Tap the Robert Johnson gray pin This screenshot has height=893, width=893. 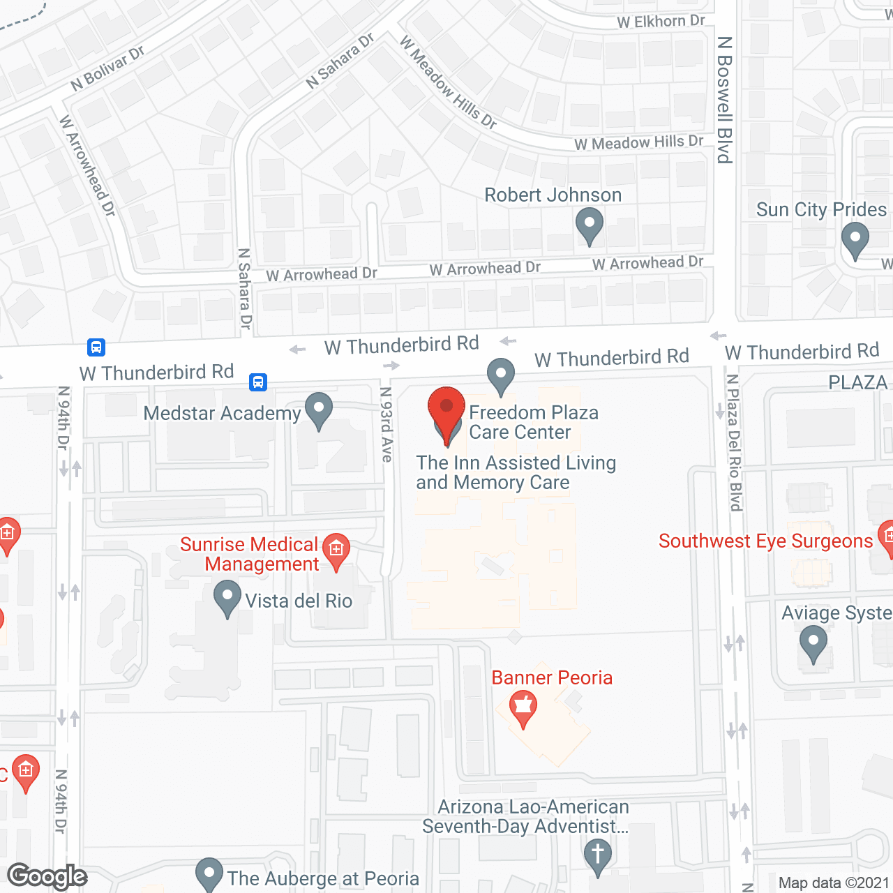pyautogui.click(x=590, y=226)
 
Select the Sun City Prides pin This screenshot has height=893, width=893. pyautogui.click(x=855, y=239)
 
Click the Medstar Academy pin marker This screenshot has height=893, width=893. pyautogui.click(x=319, y=410)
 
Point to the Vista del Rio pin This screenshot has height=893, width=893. pyautogui.click(x=227, y=599)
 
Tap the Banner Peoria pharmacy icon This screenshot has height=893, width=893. pyautogui.click(x=523, y=707)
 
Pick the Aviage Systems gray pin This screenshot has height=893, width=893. pyautogui.click(x=813, y=642)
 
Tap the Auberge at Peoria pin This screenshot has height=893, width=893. pyautogui.click(x=209, y=874)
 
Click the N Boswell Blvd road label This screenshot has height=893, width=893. pyautogui.click(x=725, y=100)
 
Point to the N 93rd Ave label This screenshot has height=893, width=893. pyautogui.click(x=387, y=425)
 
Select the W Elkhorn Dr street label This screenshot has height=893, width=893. pyautogui.click(x=661, y=22)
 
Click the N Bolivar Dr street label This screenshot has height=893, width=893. pyautogui.click(x=107, y=68)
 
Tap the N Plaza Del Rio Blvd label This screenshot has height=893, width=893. pyautogui.click(x=734, y=442)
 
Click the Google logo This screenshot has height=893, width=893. pyautogui.click(x=47, y=877)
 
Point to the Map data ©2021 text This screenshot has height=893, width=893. pyautogui.click(x=834, y=883)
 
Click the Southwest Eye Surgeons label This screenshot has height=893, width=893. pyautogui.click(x=765, y=541)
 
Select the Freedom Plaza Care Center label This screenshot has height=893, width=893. pyautogui.click(x=533, y=422)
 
